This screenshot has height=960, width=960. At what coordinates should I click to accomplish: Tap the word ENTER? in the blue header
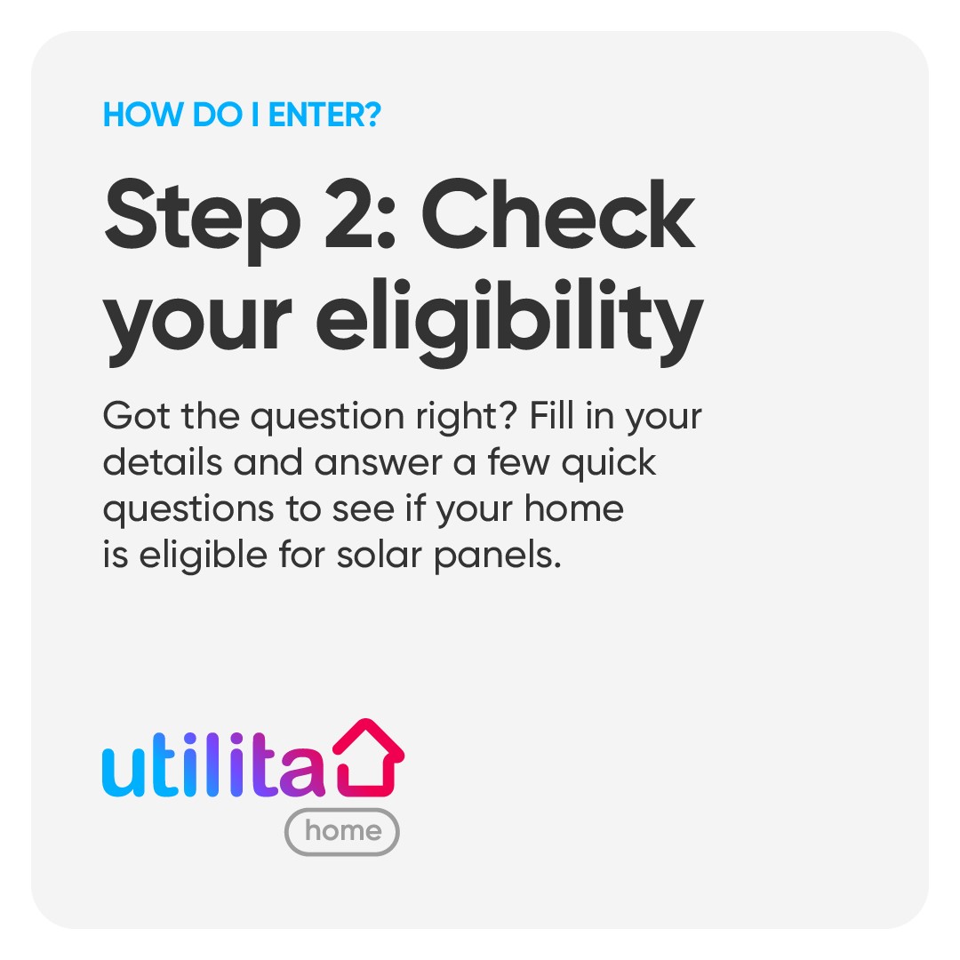(324, 115)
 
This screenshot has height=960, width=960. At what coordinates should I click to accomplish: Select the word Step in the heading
(203, 220)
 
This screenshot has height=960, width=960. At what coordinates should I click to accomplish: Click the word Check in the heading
(557, 213)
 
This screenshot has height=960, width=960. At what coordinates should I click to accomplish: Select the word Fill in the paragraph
(551, 415)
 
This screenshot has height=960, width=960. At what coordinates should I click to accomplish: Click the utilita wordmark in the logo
(213, 764)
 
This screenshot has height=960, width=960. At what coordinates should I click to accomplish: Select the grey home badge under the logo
(342, 831)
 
